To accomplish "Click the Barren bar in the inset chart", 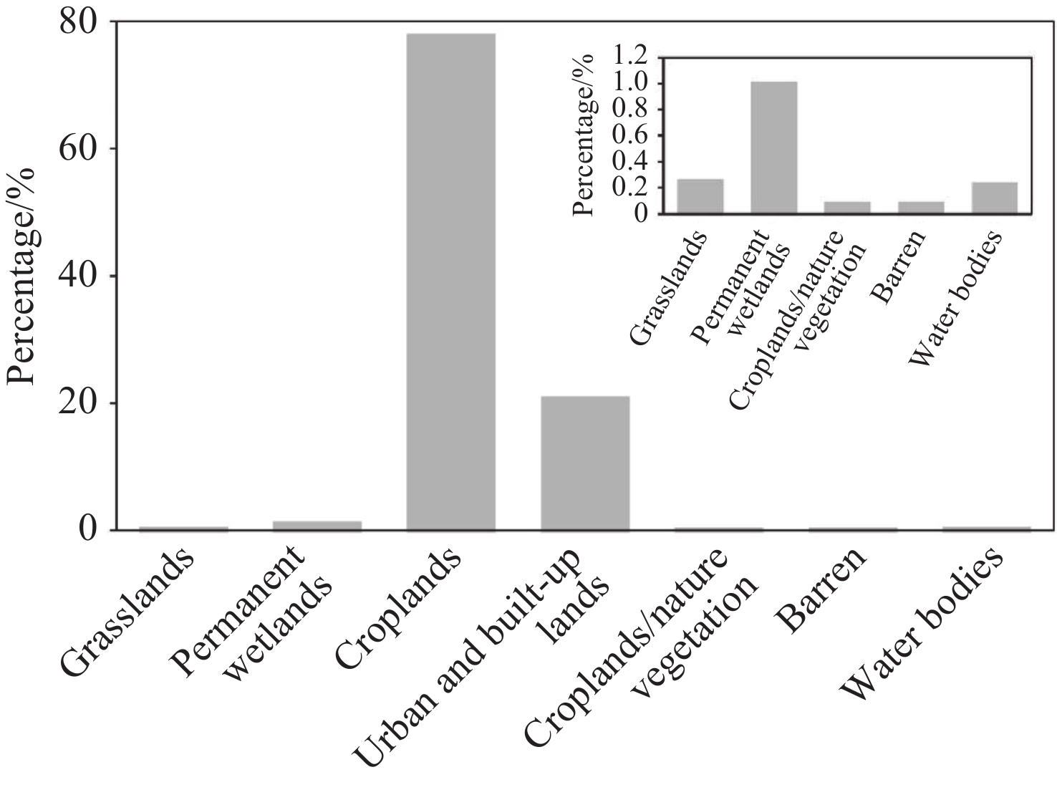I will pos(921,207).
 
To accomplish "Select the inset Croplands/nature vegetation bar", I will pos(847,207).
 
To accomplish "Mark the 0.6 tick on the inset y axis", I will pos(630,135).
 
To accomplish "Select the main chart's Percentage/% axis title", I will pos(21,276).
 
